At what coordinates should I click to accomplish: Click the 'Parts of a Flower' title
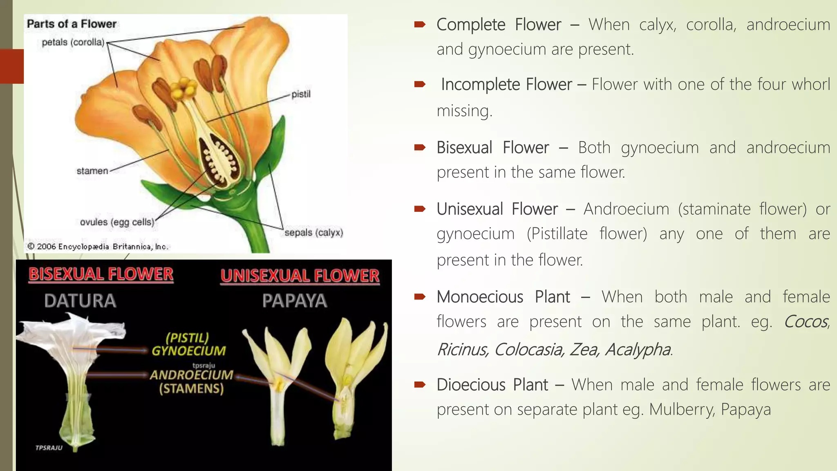pos(72,24)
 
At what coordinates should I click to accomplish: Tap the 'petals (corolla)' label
pos(73,43)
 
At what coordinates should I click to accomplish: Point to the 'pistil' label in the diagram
pos(301,94)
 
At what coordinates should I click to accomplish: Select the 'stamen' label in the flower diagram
pos(92,171)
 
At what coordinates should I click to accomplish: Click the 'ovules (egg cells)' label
pos(117,222)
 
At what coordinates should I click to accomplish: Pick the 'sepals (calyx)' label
pos(313,233)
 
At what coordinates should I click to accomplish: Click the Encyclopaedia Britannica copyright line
pos(98,247)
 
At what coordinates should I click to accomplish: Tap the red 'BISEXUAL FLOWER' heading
pos(101,274)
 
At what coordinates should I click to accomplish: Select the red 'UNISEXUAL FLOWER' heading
pos(300,276)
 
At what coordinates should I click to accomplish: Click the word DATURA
pos(81,301)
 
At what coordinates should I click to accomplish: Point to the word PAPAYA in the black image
pos(295,301)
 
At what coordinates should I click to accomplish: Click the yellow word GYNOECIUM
pos(188,351)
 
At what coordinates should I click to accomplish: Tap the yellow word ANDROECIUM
pos(191,375)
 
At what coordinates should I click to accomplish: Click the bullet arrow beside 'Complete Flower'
pos(420,25)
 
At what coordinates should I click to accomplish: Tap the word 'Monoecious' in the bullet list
pos(480,297)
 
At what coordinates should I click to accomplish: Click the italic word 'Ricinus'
pos(463,350)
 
